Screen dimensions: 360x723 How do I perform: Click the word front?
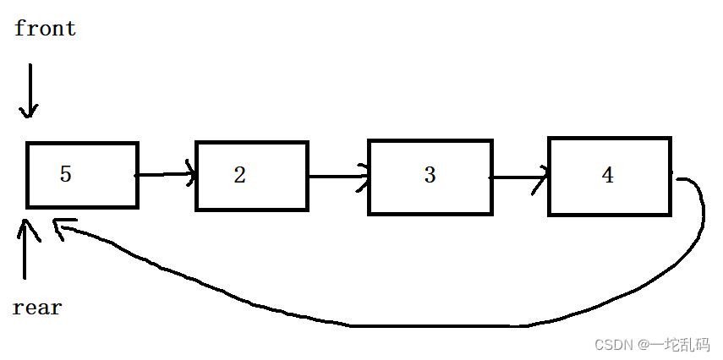(x=46, y=29)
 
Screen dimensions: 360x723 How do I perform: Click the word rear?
(x=38, y=308)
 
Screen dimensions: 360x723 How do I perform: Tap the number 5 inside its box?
(x=66, y=174)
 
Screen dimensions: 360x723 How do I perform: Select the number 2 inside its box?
(x=240, y=175)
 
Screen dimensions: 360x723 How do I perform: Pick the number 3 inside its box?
(x=430, y=175)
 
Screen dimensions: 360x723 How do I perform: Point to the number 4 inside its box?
(x=607, y=175)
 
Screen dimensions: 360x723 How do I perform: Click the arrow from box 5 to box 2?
(x=166, y=176)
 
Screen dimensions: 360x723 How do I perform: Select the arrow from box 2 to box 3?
(x=337, y=177)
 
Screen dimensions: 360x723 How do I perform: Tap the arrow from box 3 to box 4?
(x=519, y=178)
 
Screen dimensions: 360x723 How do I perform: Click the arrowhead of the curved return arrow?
(x=61, y=226)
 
